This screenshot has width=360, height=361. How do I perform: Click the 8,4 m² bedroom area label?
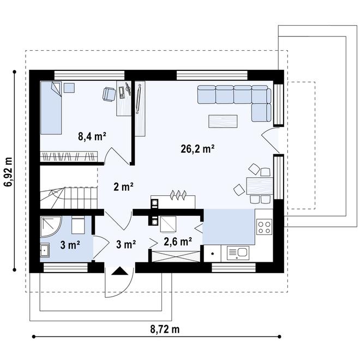coord(92,136)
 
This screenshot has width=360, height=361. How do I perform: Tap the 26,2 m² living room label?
coord(197,149)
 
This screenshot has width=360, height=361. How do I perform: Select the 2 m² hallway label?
coord(123,186)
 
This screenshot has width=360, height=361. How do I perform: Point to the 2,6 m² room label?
coord(178,242)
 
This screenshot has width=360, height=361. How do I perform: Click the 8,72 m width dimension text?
coord(165,329)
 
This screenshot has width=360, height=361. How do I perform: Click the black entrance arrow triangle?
coord(120,270)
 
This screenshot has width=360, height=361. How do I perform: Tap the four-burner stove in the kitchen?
coord(264,227)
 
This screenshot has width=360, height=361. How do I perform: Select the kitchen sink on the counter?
coord(238,253)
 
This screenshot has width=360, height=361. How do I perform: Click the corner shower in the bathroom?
coord(50,226)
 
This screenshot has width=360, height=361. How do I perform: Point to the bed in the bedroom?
coord(51,107)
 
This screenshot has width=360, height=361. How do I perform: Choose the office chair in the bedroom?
coord(109,94)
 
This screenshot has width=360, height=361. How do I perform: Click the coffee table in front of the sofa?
coord(223,121)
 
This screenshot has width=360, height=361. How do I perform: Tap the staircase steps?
coord(69,197)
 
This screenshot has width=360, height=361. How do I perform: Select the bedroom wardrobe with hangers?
coord(69,157)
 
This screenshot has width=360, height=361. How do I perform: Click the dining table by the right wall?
coord(260,186)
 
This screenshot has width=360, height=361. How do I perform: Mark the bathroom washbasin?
coord(44,250)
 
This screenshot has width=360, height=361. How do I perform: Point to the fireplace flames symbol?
coord(178,195)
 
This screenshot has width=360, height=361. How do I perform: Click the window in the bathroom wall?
coord(65,268)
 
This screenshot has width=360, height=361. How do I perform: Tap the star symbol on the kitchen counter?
coord(212,254)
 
